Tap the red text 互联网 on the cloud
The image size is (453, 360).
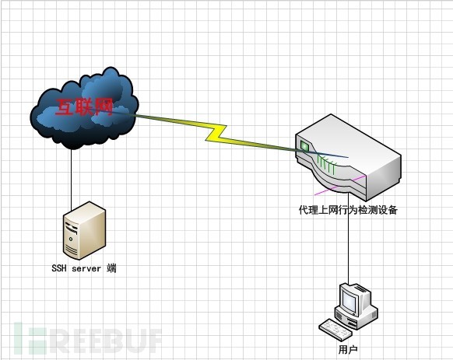pos(84,107)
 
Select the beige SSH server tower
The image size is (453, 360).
pos(84,230)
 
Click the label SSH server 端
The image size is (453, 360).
pos(84,268)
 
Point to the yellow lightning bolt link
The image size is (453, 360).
pos(216,134)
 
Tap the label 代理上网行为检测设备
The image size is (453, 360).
pos(348,210)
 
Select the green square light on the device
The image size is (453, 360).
pos(304,145)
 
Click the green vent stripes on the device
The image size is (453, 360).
pos(326,164)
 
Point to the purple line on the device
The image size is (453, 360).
pos(340,185)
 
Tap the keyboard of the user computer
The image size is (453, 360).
pos(335,329)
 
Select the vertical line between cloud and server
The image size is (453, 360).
pos(72,180)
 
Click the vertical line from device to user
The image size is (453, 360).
pos(349,239)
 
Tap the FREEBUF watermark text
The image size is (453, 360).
pos(88,338)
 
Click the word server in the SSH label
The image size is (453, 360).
pos(86,268)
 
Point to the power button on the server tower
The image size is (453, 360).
pos(71,239)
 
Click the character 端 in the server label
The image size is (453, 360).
pos(111,268)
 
